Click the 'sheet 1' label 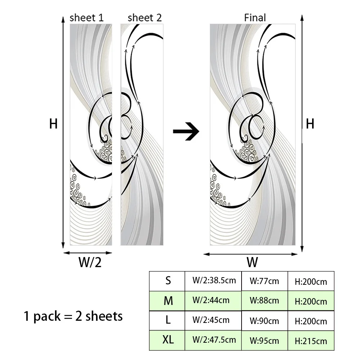pos(86,18)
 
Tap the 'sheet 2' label pos(145,18)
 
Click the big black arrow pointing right pos(186,131)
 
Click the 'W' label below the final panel pos(253,262)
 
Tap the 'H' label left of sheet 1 pos(54,124)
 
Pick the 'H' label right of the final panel pos(310,124)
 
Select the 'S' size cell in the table pos(168,281)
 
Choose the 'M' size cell pos(168,301)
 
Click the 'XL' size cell pos(168,340)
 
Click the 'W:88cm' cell pos(264,300)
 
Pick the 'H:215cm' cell pos(311,341)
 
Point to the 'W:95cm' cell pos(264,341)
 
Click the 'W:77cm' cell pos(264,281)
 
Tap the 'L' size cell pos(168,320)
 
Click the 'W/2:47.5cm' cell pos(214,339)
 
